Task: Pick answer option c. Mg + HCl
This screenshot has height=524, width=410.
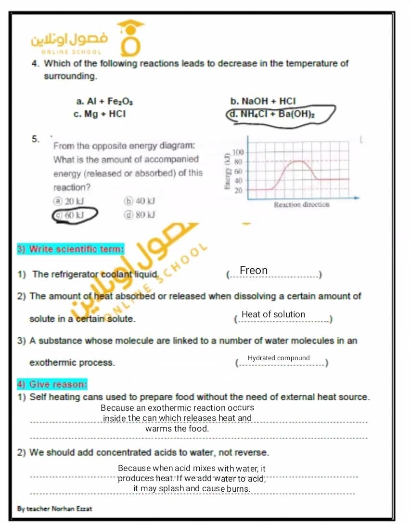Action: pyautogui.click(x=100, y=114)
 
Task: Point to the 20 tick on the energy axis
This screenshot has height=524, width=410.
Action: pyautogui.click(x=238, y=190)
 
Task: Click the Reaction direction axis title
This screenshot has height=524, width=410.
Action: pyautogui.click(x=301, y=204)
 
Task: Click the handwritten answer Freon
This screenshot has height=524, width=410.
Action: pyautogui.click(x=254, y=271)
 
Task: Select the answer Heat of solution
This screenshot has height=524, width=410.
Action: pyautogui.click(x=273, y=314)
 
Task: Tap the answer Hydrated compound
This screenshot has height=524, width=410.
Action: pyautogui.click(x=279, y=358)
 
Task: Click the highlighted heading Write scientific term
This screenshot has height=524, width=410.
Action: pyautogui.click(x=70, y=249)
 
